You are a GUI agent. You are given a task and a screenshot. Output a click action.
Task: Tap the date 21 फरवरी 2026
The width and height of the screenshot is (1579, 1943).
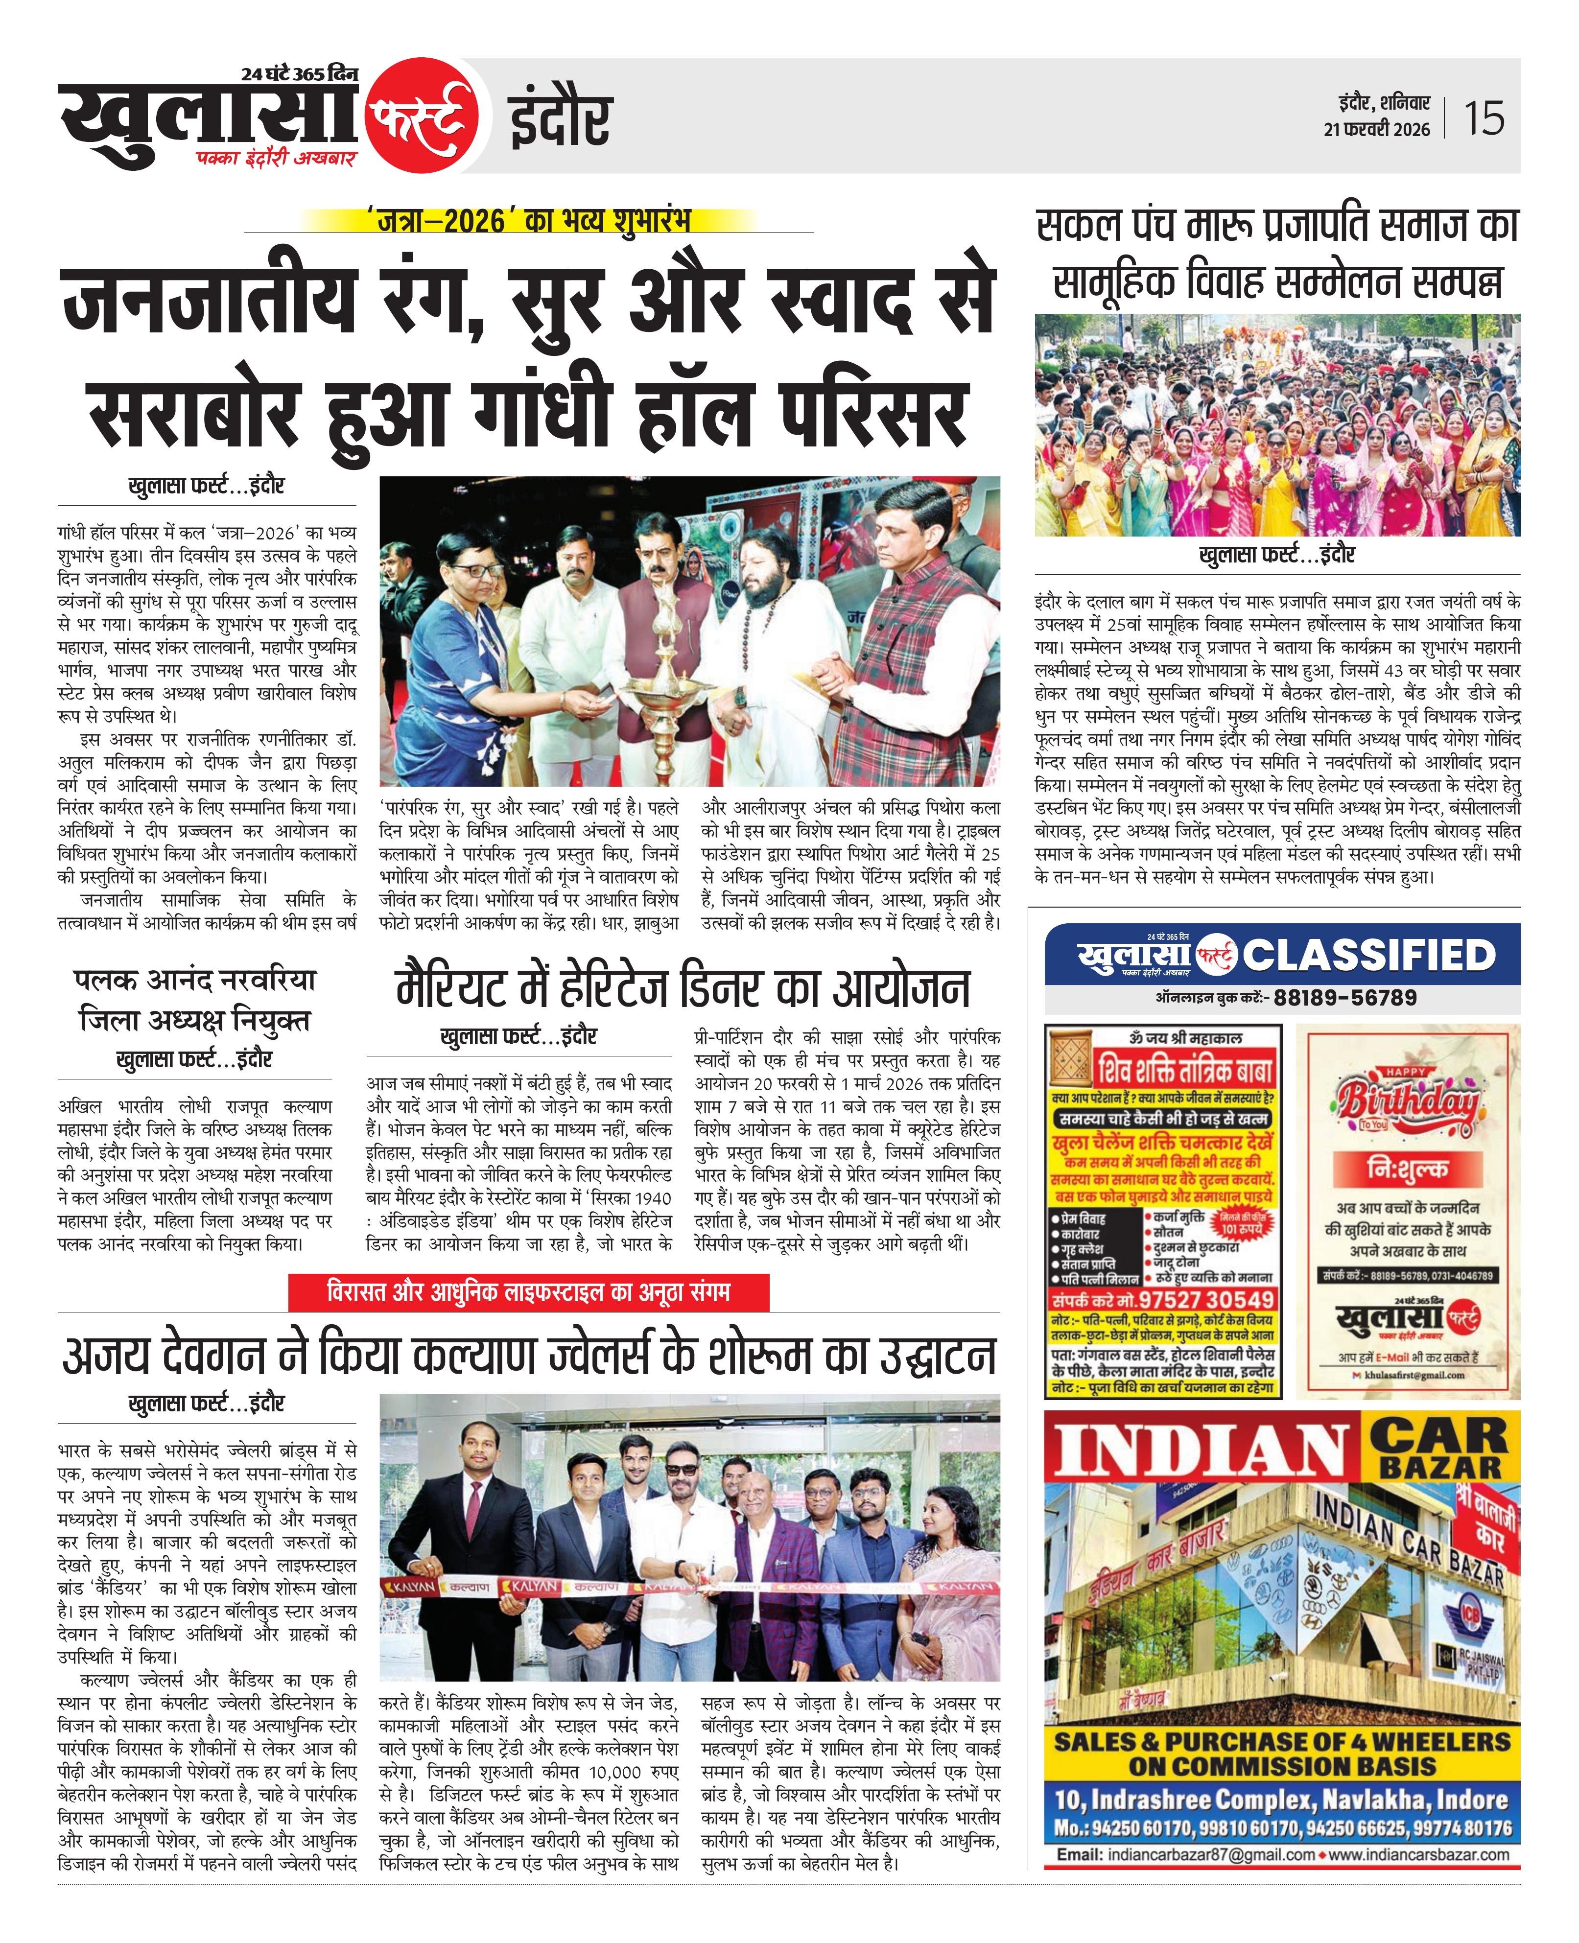tap(1376, 129)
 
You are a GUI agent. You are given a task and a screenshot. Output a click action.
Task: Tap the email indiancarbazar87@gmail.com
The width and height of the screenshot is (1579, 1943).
tap(1184, 1829)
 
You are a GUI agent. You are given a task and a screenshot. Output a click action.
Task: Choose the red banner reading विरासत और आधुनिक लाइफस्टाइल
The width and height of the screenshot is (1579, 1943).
tap(527, 1292)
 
